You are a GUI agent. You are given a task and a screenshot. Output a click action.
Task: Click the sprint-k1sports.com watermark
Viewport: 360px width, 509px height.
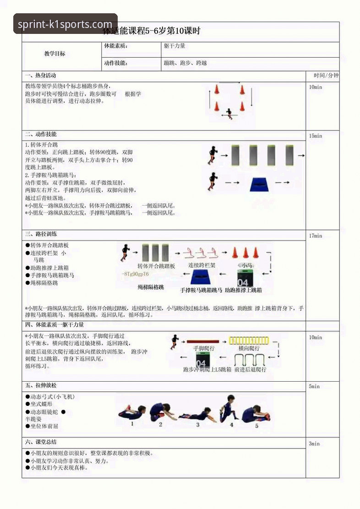click(65, 24)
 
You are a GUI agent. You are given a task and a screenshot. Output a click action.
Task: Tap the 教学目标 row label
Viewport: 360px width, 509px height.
click(55, 54)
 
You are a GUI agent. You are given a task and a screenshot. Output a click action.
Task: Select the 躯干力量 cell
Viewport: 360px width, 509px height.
click(175, 46)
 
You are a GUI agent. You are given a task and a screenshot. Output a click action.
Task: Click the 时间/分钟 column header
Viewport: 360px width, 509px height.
click(326, 76)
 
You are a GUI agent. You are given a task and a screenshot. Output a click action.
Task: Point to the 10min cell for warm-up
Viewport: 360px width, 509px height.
click(315, 87)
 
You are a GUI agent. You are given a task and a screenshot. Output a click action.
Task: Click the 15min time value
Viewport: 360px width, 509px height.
click(315, 136)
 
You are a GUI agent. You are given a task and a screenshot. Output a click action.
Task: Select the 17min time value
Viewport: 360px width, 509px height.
click(315, 236)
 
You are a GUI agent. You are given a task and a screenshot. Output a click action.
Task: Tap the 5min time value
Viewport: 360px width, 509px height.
click(314, 386)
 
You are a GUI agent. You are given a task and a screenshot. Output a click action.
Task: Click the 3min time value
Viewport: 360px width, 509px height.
click(314, 443)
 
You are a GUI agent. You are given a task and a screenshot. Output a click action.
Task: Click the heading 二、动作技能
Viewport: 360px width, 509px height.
click(41, 134)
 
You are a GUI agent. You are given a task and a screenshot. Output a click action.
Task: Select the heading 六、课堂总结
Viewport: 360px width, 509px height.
click(41, 442)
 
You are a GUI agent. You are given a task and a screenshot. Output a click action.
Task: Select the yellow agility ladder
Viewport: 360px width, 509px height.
click(250, 340)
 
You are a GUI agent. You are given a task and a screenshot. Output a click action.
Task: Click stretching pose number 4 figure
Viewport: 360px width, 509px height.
click(228, 407)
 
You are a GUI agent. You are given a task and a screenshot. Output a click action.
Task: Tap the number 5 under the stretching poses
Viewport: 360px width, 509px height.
click(256, 425)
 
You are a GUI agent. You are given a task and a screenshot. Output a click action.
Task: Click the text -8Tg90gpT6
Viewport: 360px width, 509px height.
click(136, 274)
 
